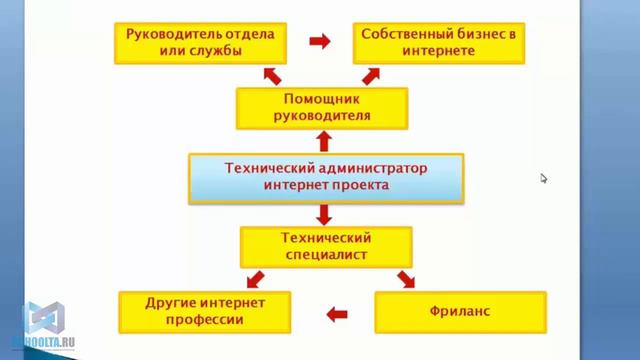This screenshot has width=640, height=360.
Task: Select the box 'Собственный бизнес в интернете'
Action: [441, 42]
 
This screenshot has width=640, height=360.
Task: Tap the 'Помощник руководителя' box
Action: [322, 107]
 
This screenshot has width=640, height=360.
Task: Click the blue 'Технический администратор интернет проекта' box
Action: [326, 176]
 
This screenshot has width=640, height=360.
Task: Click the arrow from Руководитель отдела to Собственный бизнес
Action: [319, 42]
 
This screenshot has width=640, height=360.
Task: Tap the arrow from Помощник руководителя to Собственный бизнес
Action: [372, 74]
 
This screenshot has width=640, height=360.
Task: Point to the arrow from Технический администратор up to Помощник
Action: [322, 140]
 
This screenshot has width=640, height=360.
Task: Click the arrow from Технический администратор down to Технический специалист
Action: [322, 213]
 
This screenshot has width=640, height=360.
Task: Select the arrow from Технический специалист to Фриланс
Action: [406, 278]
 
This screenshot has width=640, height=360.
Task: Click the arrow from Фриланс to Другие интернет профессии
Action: [337, 313]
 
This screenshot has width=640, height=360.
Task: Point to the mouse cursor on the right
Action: [544, 178]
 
